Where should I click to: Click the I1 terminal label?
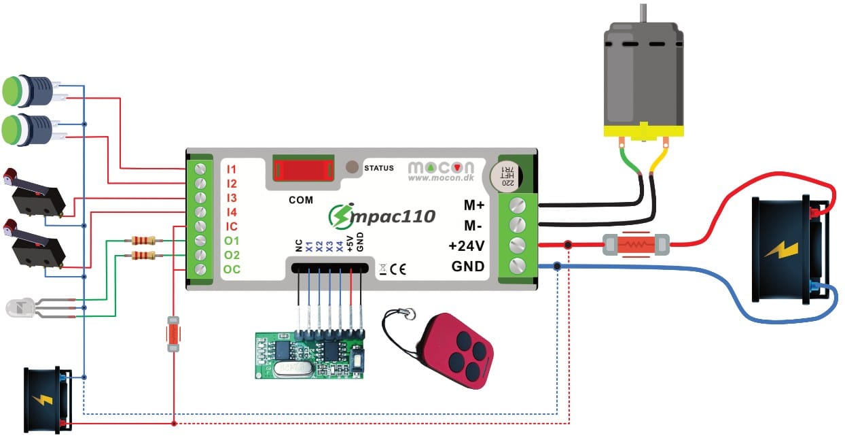click(x=231, y=169)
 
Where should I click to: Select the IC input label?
click(x=231, y=226)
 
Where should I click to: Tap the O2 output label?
click(x=232, y=255)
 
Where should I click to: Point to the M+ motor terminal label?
click(x=474, y=205)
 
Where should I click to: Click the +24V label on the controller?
click(x=466, y=246)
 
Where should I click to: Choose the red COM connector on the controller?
click(x=304, y=169)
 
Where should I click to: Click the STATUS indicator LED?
click(x=352, y=167)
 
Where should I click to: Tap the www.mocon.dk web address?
click(x=441, y=177)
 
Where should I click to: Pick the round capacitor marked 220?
click(x=506, y=176)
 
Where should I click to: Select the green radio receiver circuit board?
click(x=310, y=355)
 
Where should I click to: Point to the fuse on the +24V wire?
click(x=636, y=245)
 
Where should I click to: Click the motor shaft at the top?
click(x=643, y=13)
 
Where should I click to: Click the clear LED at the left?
click(x=20, y=307)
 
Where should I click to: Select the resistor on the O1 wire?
click(x=143, y=240)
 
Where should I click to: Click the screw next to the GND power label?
click(x=518, y=266)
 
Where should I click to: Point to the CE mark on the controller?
click(x=398, y=269)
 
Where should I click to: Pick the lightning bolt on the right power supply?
click(x=783, y=250)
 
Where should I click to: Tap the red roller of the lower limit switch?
click(x=10, y=226)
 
